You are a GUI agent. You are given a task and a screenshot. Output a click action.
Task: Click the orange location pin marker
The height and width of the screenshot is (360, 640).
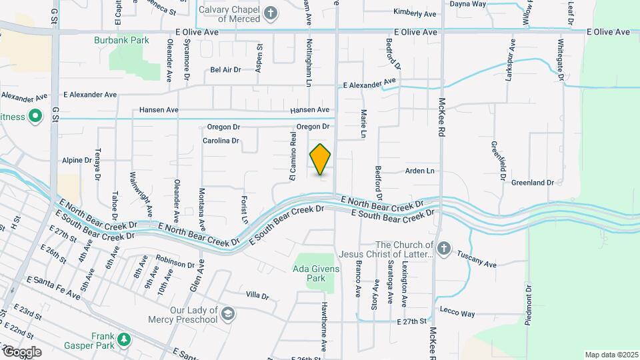pyautogui.click(x=321, y=159)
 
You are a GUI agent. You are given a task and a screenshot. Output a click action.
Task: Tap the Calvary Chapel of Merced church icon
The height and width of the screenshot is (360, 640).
pyautogui.click(x=270, y=12)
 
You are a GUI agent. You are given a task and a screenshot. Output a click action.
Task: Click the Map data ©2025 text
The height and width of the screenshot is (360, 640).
pyautogui.click(x=611, y=355)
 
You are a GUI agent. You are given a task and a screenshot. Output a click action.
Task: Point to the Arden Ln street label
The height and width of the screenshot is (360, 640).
pyautogui.click(x=420, y=171)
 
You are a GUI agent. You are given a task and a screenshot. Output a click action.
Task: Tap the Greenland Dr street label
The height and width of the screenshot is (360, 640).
pyautogui.click(x=533, y=182)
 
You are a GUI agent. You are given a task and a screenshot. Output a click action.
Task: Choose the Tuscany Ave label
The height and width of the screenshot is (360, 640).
pyautogui.click(x=477, y=259)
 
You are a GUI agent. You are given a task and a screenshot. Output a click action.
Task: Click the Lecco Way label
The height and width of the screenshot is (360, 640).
pyautogui.click(x=457, y=313)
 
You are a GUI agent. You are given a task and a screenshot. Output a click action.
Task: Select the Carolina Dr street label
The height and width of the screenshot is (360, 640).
pyautogui.click(x=221, y=141)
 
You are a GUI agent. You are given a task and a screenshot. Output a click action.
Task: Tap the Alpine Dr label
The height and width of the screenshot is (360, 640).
pyautogui.click(x=77, y=161)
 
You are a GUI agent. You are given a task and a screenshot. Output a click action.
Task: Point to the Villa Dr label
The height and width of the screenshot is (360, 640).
pyautogui.click(x=257, y=295)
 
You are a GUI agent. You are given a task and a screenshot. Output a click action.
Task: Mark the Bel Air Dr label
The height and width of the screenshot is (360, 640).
pyautogui.click(x=225, y=69)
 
